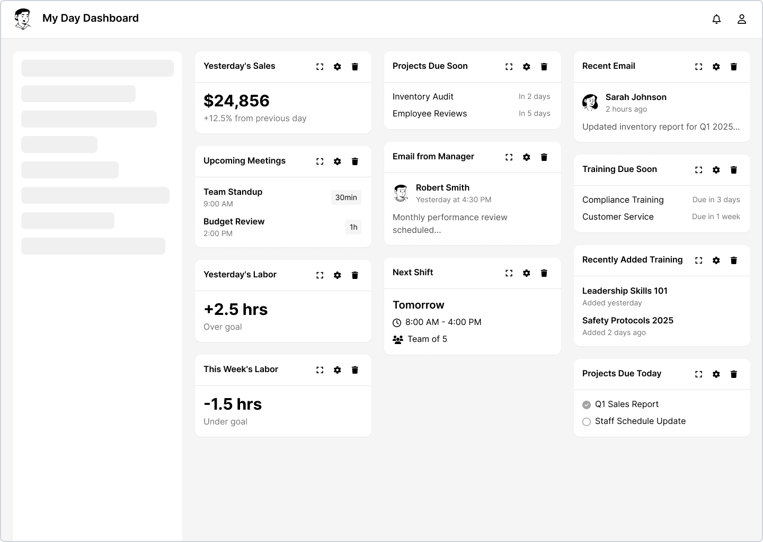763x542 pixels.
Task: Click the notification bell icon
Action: (716, 19)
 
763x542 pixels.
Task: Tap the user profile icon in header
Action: (742, 19)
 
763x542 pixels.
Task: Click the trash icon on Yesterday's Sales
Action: (354, 67)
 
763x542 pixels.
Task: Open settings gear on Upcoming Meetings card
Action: (337, 161)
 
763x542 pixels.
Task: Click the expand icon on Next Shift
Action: (509, 273)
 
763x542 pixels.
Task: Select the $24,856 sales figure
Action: (236, 101)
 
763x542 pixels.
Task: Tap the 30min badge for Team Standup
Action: (345, 197)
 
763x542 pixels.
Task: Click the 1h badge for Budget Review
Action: (353, 227)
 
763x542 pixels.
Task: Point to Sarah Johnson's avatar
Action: (590, 102)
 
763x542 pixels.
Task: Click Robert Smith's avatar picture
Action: (401, 193)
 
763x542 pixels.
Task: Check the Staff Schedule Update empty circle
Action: (586, 422)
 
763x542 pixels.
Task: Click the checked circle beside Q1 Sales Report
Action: (586, 405)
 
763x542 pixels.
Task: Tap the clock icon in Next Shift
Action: (397, 322)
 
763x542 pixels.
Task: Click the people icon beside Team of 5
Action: (397, 340)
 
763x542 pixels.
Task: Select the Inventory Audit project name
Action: (423, 97)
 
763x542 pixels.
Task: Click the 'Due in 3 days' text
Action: (716, 200)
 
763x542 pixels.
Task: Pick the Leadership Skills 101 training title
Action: (624, 291)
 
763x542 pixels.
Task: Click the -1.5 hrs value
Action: (233, 404)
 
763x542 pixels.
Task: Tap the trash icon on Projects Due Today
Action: (734, 374)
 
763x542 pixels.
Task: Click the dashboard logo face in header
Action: (23, 19)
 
